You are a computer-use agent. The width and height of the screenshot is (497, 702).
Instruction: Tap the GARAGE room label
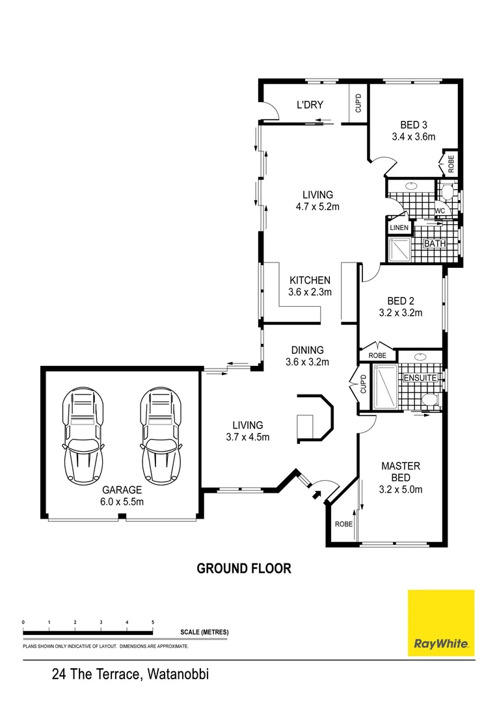122,489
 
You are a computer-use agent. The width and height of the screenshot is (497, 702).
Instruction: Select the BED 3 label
413,125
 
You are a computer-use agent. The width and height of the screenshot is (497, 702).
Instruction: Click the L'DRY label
310,105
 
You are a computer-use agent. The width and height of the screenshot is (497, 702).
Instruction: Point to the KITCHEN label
310,280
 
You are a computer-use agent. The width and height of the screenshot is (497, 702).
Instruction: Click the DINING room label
308,350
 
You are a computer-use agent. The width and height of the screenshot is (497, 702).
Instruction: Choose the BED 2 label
401,301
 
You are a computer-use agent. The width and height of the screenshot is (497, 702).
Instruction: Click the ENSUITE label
420,378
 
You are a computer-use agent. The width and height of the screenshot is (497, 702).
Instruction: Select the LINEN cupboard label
399,227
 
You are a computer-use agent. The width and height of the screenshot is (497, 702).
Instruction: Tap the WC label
440,211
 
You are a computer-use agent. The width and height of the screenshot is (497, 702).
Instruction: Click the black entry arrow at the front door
317,495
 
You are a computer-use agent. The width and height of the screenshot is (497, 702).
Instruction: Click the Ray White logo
440,623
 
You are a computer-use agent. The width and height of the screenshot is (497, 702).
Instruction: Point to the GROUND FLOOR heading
244,568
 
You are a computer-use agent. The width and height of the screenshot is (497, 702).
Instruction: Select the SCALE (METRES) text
204,632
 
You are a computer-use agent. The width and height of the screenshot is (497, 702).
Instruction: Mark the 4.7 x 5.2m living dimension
317,207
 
